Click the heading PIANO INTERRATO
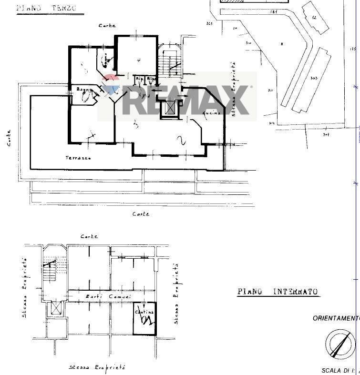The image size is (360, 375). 278,292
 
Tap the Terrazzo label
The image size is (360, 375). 78,158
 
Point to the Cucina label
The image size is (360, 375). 211,113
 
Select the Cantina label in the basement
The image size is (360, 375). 144,312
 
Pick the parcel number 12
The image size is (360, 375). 314,18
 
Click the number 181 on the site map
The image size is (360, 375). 274,11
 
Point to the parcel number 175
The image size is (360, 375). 353,49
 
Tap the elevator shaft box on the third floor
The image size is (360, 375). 169,108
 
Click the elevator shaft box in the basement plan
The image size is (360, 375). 56,309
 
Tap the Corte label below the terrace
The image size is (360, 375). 141,214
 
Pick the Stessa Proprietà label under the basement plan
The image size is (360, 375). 97,367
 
